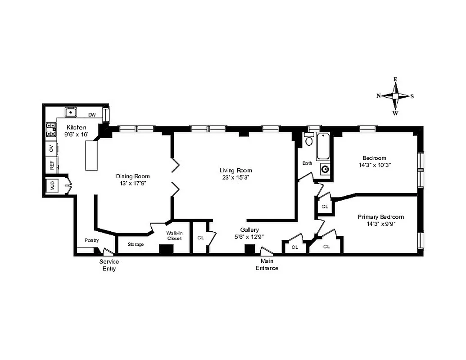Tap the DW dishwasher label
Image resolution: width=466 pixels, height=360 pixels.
[92, 115]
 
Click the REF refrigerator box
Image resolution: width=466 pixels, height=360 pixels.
[51, 165]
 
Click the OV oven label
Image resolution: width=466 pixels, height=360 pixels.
[51, 148]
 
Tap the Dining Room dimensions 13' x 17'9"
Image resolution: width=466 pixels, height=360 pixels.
[133, 183]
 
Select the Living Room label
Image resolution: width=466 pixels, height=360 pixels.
[235, 170]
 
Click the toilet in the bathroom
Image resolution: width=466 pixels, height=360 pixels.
[309, 140]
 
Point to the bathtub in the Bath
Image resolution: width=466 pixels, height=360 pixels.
[324, 147]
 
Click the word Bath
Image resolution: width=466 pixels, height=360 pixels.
[307, 163]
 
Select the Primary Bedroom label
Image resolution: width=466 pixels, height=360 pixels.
[380, 216]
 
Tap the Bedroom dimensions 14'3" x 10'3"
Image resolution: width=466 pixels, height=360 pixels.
[374, 165]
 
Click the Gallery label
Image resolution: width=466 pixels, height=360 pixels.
[249, 229]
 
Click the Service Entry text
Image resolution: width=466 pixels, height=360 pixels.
[109, 265]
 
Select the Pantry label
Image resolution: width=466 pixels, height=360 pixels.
[92, 240]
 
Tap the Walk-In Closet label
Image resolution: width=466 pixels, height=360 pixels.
[174, 235]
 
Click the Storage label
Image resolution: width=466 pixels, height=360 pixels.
[136, 244]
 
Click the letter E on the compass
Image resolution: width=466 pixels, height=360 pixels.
[395, 79]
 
